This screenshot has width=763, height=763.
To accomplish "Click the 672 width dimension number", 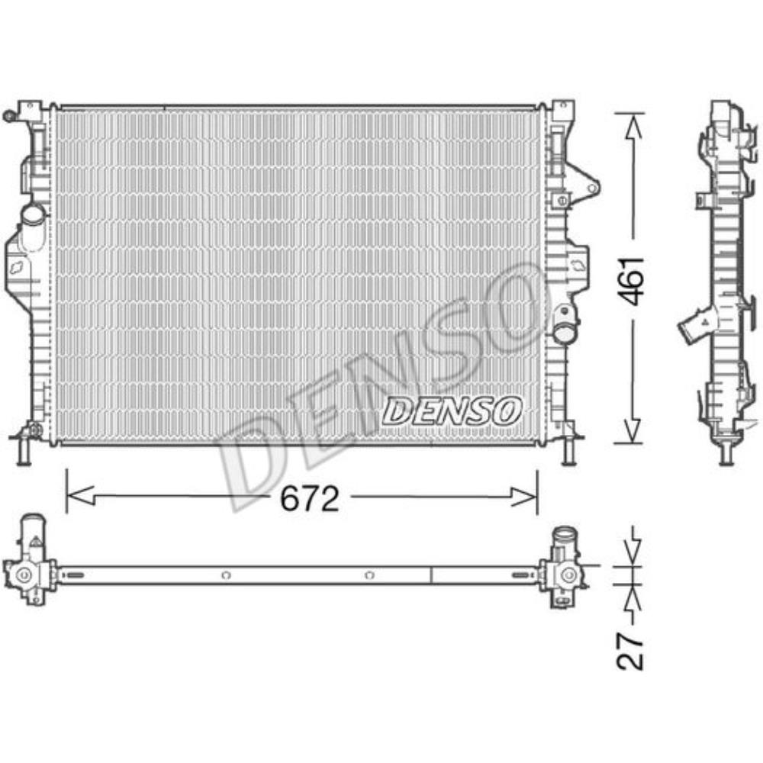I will click(309, 500).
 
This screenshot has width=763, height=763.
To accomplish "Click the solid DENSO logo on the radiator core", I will click(452, 411).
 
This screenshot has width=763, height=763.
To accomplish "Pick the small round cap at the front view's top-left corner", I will click(10, 116).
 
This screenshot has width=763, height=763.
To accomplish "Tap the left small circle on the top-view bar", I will click(224, 575).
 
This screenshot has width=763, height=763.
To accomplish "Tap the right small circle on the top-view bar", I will click(369, 575).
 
